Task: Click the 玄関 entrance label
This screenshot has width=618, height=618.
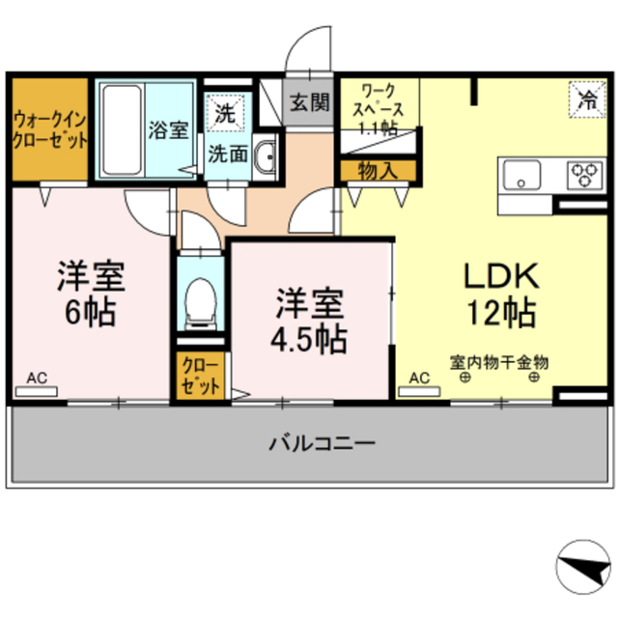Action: point(309,98)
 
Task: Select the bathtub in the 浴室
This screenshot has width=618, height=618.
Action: point(121,129)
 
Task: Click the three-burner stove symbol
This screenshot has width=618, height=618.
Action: point(582,175)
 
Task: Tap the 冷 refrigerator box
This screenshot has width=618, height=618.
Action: point(584,98)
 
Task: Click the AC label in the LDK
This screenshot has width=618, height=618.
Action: point(421,379)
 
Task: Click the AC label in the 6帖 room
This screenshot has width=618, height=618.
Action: point(36,379)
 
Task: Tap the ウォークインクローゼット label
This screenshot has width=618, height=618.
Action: point(49,130)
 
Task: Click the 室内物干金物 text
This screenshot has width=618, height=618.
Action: point(499,363)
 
